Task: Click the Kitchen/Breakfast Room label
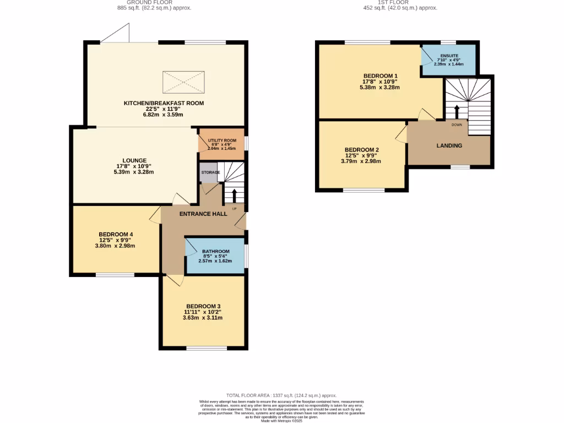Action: tap(164, 103)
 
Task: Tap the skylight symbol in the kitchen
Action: tap(183, 83)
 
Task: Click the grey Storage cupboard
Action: tap(208, 172)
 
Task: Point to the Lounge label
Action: tap(135, 160)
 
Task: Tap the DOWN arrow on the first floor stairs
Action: tap(456, 112)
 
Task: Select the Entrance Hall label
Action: tap(204, 213)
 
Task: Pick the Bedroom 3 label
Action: tap(203, 306)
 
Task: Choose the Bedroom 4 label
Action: tap(116, 234)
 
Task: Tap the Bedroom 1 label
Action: tap(380, 76)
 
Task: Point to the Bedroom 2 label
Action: tap(361, 150)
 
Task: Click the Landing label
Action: tap(449, 145)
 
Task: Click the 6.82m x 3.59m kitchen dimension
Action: tap(164, 115)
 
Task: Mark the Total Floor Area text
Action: tap(281, 395)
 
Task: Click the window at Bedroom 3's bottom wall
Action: tap(207, 348)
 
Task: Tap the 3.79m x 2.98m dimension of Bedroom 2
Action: tap(361, 161)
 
